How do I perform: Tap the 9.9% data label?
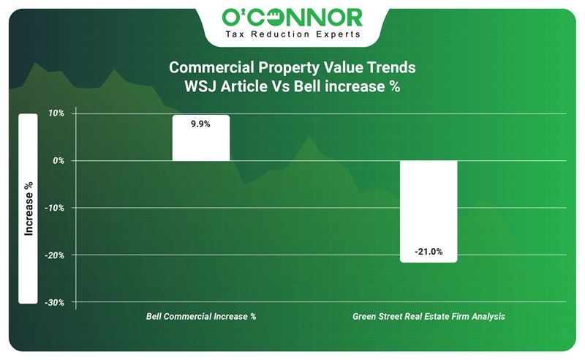pos(200,124)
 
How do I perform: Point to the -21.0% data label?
pos(429,252)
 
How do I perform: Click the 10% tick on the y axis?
pos(56,113)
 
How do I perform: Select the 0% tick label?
pos(58,160)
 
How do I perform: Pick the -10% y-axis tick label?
pos(56,208)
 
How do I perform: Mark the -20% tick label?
pos(56,255)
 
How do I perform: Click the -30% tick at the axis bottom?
pos(56,302)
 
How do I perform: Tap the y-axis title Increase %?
pos(29,209)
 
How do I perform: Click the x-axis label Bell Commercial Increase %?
pos(201,317)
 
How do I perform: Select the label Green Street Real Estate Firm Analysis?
pos(429,317)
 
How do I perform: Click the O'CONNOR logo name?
pos(292,16)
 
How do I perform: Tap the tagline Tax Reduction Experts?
pos(292,34)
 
